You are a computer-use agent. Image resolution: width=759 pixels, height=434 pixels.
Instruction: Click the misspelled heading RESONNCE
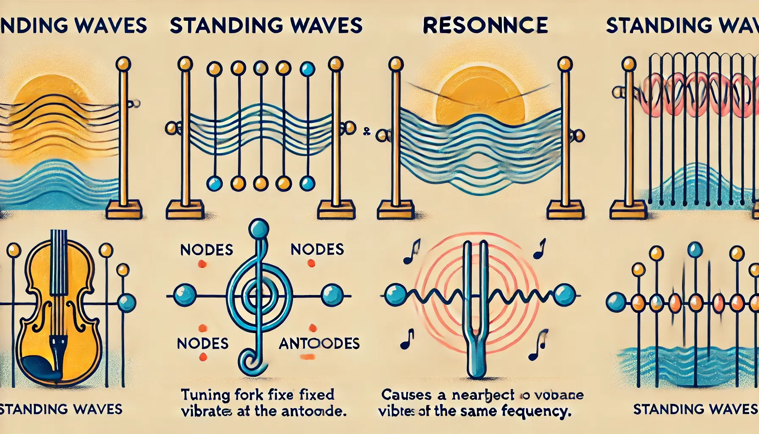coord(485,25)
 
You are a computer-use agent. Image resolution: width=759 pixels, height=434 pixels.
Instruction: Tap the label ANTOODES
coord(319,343)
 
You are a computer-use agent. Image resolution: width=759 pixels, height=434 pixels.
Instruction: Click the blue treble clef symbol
coord(254,297)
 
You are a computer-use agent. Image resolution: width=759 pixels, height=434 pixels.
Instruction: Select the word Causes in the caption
coord(406,395)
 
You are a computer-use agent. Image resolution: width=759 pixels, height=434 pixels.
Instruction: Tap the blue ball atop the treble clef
coord(258,229)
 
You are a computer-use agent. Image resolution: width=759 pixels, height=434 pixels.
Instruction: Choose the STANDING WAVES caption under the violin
coord(61,409)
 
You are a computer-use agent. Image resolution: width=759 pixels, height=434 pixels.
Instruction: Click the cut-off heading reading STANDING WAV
coord(682,26)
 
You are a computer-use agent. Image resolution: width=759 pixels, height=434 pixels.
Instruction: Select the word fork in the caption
coord(243,395)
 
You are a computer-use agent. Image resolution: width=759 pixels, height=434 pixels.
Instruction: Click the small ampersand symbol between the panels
coord(367,132)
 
